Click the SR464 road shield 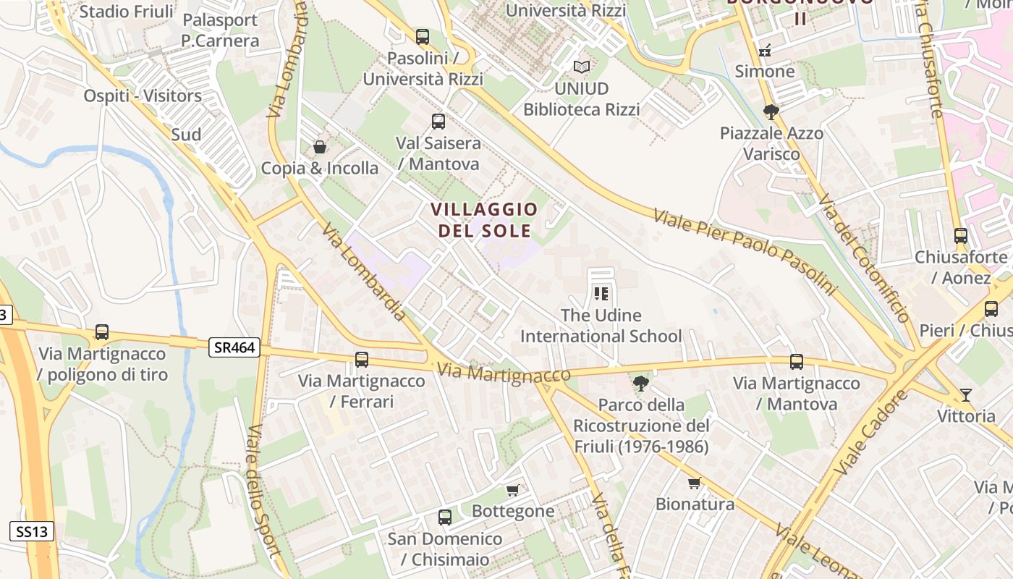pyautogui.click(x=234, y=347)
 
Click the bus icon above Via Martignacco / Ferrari pyautogui.click(x=362, y=359)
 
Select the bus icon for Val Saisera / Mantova pyautogui.click(x=438, y=122)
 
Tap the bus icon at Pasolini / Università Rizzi pyautogui.click(x=423, y=36)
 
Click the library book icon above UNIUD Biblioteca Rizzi pyautogui.click(x=582, y=67)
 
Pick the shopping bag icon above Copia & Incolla pyautogui.click(x=320, y=147)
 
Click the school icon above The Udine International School pyautogui.click(x=601, y=294)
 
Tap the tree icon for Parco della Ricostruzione pyautogui.click(x=640, y=383)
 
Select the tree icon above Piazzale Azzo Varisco pyautogui.click(x=771, y=111)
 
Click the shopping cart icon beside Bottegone pyautogui.click(x=513, y=490)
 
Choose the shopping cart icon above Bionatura pyautogui.click(x=695, y=483)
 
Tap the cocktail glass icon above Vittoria pyautogui.click(x=966, y=394)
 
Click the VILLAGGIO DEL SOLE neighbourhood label pyautogui.click(x=484, y=220)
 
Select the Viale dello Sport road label pyautogui.click(x=263, y=491)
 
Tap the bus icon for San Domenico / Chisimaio pyautogui.click(x=445, y=517)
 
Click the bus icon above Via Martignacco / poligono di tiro pyautogui.click(x=102, y=332)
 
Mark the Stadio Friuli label pyautogui.click(x=126, y=12)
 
